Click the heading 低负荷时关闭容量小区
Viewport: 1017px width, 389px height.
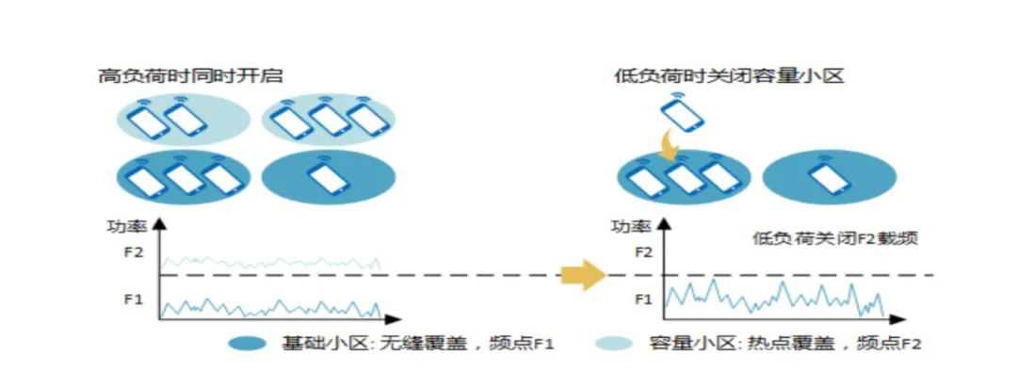point(728,75)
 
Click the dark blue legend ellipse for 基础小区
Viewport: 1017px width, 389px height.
point(252,344)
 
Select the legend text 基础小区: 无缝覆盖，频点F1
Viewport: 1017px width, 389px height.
point(417,345)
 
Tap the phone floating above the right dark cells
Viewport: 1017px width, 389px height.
point(681,114)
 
